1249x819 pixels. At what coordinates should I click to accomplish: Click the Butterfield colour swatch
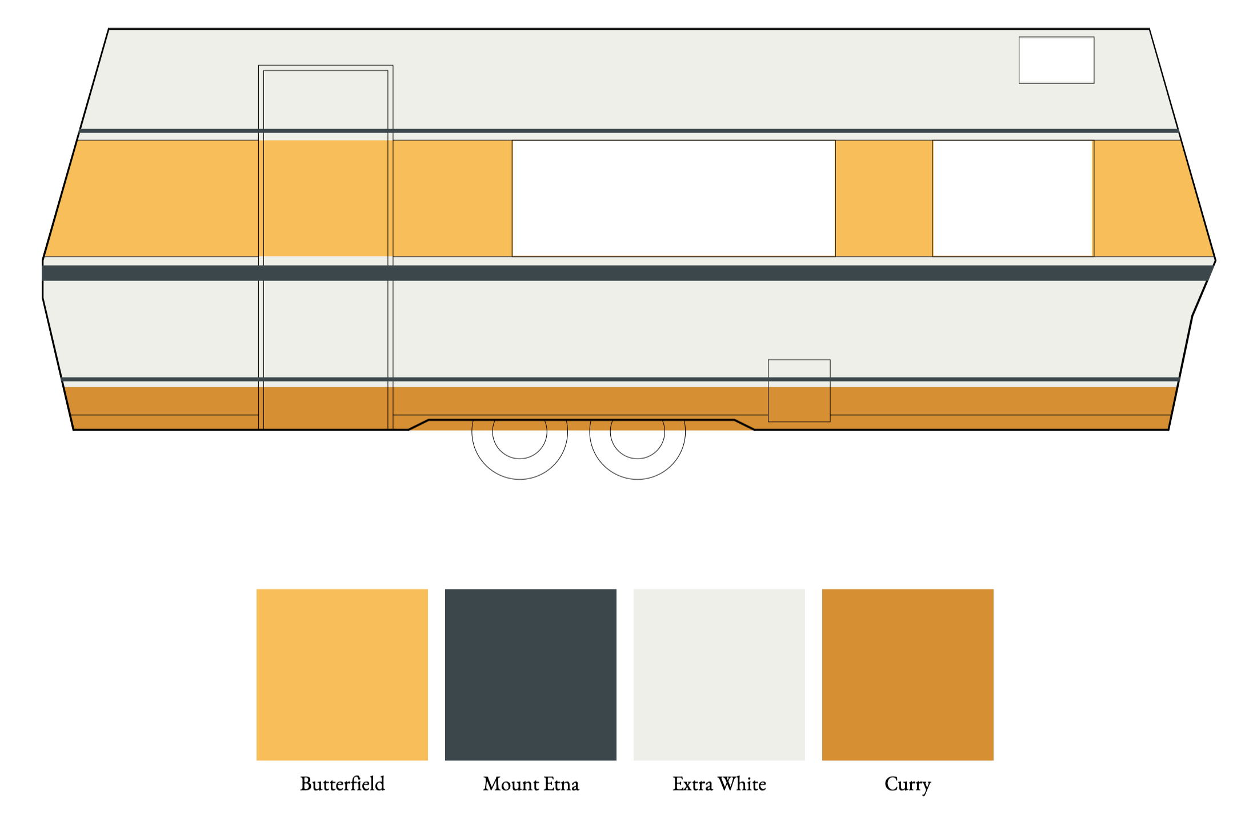pos(342,674)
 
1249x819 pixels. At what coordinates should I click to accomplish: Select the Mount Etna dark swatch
pos(530,674)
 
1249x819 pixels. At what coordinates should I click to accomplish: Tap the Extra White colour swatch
pos(719,674)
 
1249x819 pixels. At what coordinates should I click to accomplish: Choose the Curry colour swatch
pos(907,674)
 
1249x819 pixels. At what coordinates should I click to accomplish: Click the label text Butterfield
pos(342,784)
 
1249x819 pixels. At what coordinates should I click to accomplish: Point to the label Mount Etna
pos(531,784)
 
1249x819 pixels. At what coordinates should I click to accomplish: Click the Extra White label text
pos(719,784)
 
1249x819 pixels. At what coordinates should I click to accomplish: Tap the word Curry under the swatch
pos(907,784)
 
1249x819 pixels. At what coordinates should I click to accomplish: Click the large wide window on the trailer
pos(673,198)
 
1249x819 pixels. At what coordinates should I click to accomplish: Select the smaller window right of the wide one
pos(1012,198)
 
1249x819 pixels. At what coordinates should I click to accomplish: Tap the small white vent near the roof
pos(1056,60)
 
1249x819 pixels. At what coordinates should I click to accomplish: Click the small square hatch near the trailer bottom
pos(799,391)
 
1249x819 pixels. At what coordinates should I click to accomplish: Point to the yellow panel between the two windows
pos(883,198)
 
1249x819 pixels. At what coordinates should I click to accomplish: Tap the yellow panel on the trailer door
pos(326,198)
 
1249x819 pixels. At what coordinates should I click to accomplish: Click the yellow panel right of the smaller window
pos(1148,198)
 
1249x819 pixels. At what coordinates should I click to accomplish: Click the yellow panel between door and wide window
pos(452,198)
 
